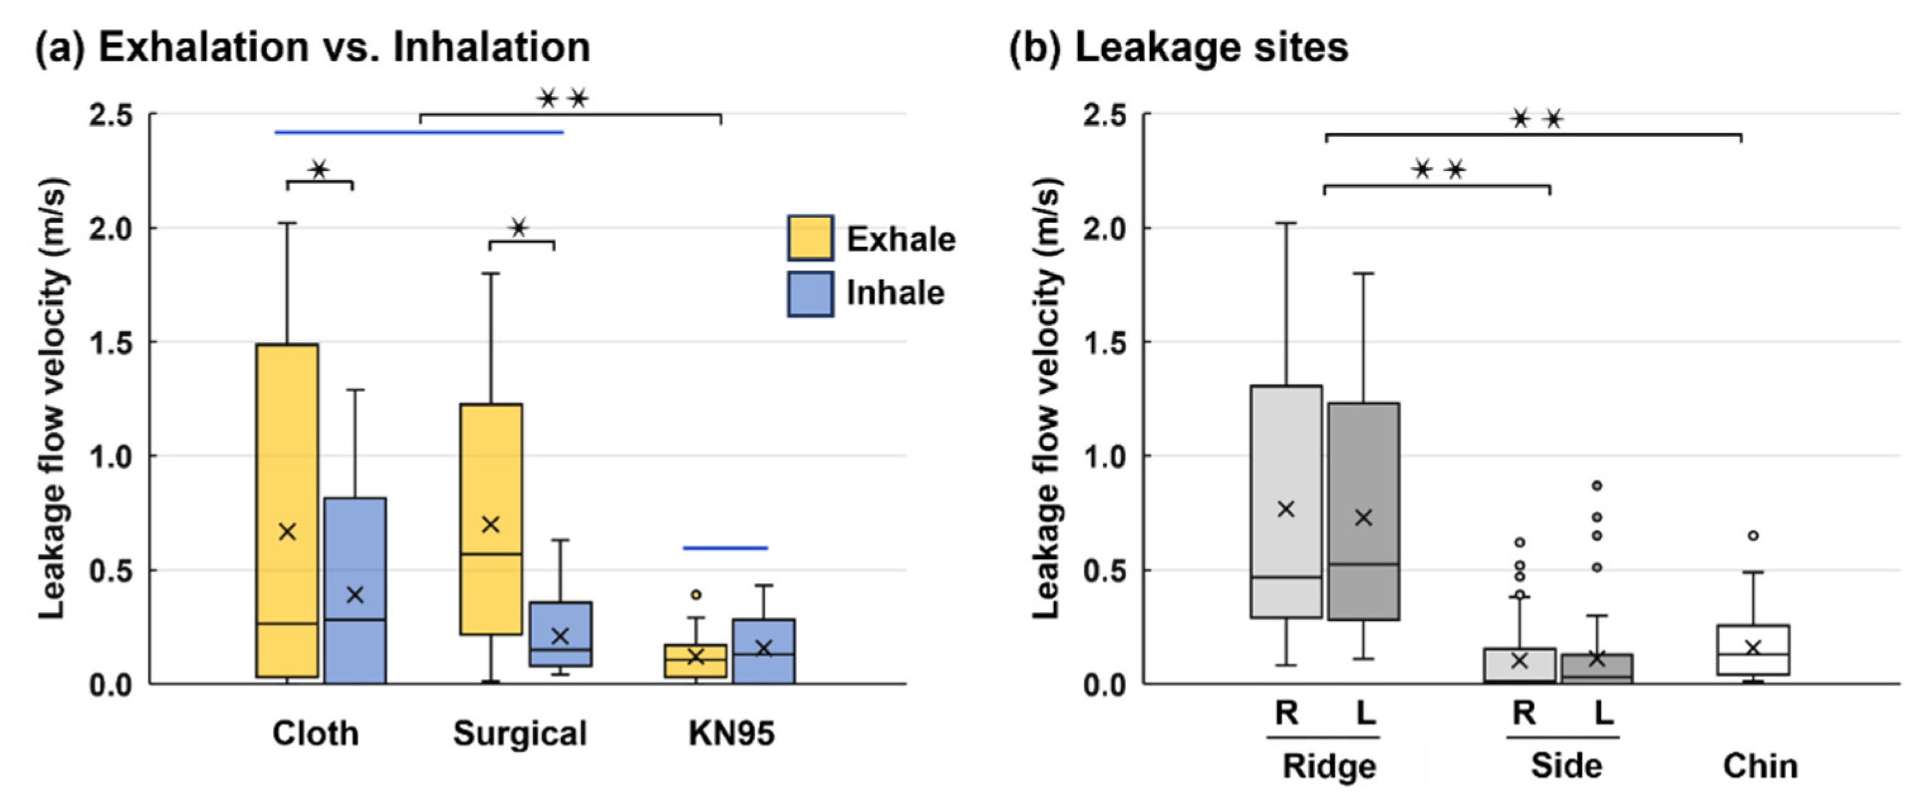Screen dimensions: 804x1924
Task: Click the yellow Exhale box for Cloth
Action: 287,449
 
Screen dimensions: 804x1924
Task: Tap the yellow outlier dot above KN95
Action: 695,595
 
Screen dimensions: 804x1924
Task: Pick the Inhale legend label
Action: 895,293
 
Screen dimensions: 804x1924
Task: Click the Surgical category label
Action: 520,734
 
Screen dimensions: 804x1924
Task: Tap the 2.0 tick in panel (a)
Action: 111,229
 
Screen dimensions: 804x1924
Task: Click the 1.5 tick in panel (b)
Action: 1104,343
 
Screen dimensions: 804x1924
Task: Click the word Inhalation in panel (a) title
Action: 491,47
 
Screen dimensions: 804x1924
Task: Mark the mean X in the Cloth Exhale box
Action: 287,532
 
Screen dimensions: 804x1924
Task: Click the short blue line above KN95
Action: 725,549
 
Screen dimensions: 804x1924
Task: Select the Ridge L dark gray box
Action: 1364,463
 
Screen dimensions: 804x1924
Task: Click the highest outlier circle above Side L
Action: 1597,486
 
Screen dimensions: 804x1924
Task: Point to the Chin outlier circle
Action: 1754,535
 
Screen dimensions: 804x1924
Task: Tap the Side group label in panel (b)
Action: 1566,767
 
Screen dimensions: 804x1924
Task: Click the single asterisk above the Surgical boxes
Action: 519,227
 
